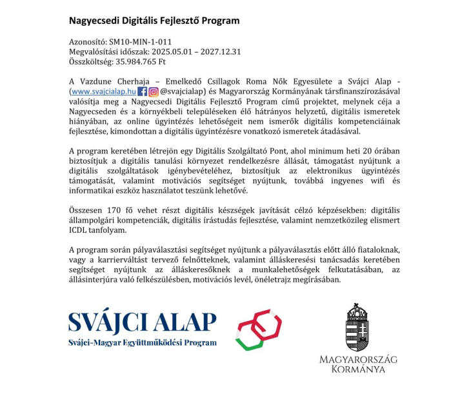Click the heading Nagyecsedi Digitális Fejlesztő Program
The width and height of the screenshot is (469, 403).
click(154, 21)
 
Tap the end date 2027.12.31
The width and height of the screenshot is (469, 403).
click(219, 52)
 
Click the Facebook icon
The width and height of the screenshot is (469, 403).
click(143, 92)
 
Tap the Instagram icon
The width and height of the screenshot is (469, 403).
click(154, 92)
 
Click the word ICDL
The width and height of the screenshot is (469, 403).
click(79, 231)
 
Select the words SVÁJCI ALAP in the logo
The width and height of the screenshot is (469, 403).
click(142, 320)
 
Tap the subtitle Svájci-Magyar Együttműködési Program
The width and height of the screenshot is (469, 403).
click(142, 342)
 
